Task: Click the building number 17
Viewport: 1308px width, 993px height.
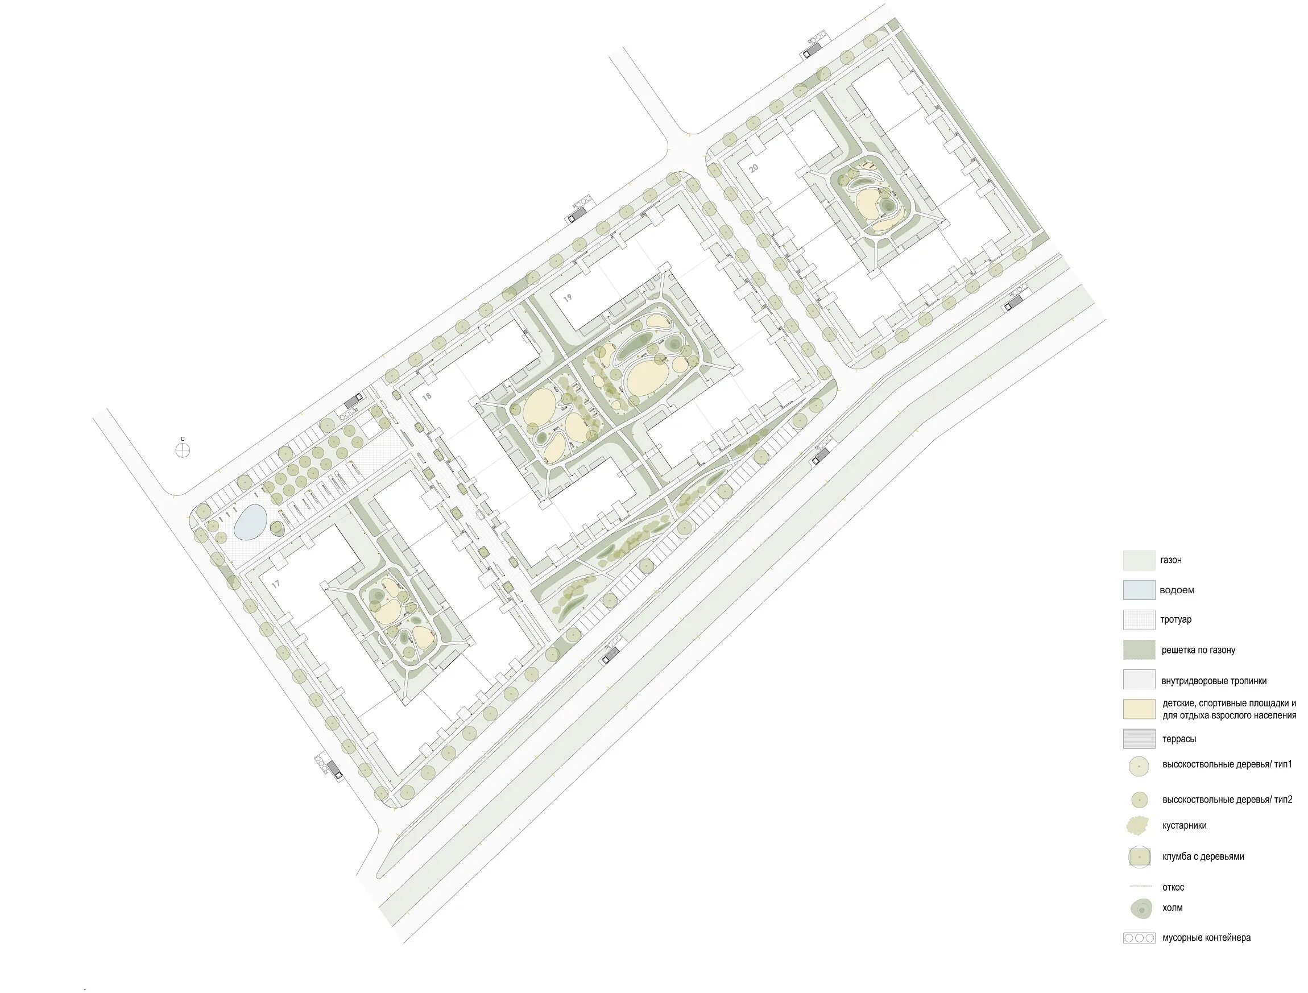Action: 276,584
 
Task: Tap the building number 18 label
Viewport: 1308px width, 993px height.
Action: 427,396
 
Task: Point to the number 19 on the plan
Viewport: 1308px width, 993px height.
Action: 568,298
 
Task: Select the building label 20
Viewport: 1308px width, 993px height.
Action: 754,168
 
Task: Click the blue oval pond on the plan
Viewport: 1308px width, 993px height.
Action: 251,522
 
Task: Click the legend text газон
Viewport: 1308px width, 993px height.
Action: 1171,560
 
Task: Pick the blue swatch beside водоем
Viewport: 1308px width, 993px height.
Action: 1139,590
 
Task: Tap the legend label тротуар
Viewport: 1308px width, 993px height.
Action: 1176,620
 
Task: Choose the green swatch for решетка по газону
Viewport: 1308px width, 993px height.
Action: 1139,649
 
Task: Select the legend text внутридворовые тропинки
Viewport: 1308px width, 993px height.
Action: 1214,681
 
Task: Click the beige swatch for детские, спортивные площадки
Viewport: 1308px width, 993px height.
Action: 1139,709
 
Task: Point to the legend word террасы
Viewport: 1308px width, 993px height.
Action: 1179,739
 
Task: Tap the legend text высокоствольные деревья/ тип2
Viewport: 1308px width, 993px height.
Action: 1228,800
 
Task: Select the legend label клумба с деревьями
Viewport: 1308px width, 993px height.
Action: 1203,857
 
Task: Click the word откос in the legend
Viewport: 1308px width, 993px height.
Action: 1173,887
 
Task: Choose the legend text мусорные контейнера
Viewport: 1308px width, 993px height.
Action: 1206,937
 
